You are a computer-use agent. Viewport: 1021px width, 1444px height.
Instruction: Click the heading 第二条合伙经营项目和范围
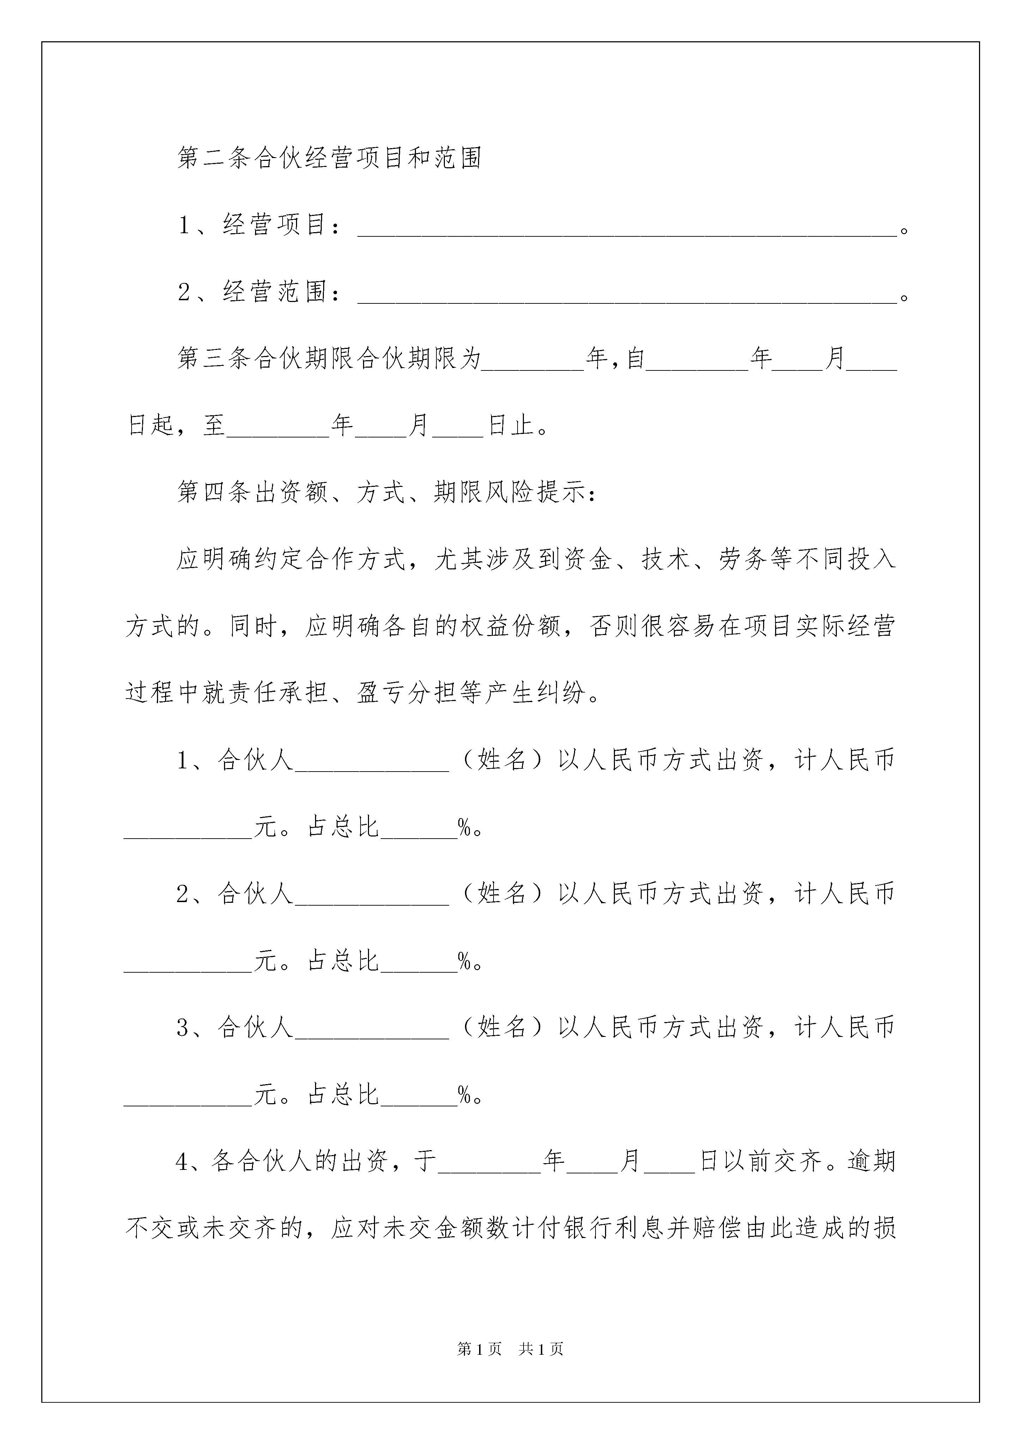click(x=330, y=158)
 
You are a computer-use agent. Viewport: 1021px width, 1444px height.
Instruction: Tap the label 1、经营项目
click(x=259, y=224)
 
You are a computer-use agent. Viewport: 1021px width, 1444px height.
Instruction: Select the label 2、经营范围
click(x=259, y=292)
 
